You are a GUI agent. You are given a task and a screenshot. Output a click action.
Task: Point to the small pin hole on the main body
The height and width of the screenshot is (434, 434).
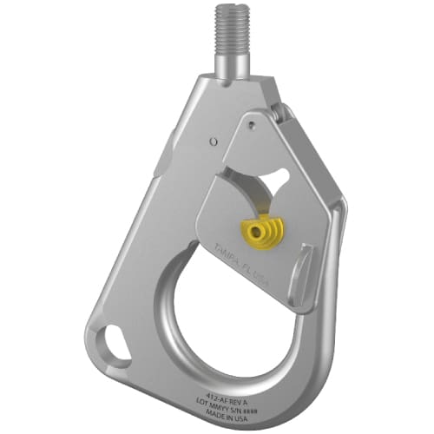point(209,139)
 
